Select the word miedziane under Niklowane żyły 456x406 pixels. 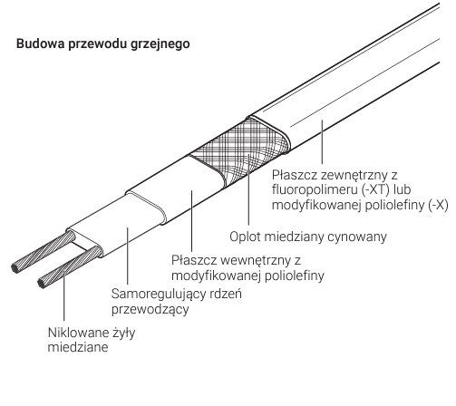[x=78, y=347]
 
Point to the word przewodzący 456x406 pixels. [x=150, y=309]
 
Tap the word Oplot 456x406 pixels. [x=245, y=237]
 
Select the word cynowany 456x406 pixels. [x=357, y=237]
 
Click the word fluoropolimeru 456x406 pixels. [x=315, y=190]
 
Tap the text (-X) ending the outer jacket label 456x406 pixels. [x=438, y=205]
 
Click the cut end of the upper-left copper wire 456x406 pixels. [x=14, y=267]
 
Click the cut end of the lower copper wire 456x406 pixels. [x=41, y=284]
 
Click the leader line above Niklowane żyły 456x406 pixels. [x=64, y=295]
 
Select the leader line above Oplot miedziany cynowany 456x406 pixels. [x=248, y=189]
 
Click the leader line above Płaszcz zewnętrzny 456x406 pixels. [x=322, y=142]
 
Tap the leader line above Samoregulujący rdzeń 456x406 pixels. [x=128, y=256]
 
